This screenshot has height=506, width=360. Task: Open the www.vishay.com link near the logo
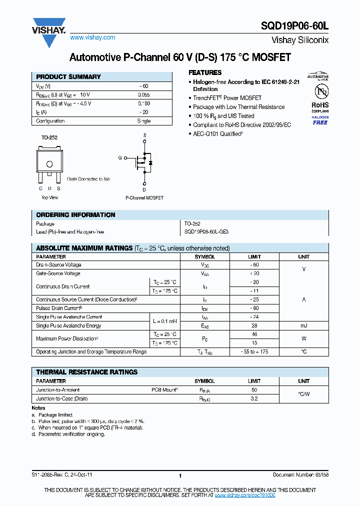click(x=92, y=37)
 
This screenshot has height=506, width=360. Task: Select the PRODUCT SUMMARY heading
click(x=68, y=77)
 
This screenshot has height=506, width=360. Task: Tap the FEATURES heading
click(x=205, y=72)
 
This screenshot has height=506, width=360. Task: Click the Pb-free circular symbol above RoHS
click(x=320, y=92)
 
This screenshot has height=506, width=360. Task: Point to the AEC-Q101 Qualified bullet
click(x=218, y=134)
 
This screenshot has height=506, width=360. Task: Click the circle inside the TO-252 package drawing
click(x=49, y=164)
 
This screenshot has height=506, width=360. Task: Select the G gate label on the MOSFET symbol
click(x=119, y=157)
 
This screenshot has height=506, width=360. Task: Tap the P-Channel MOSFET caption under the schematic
click(x=144, y=198)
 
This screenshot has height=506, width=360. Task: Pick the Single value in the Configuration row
click(x=143, y=121)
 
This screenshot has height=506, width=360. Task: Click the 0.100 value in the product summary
click(x=143, y=103)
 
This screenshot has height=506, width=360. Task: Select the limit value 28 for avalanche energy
click(x=254, y=325)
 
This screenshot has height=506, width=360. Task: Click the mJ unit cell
click(x=303, y=325)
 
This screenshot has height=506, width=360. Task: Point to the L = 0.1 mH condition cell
click(x=164, y=321)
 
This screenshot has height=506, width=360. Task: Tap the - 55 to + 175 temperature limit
click(x=254, y=351)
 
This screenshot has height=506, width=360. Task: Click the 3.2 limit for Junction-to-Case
click(x=254, y=398)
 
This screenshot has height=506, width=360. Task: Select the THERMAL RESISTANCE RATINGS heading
click(x=86, y=372)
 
